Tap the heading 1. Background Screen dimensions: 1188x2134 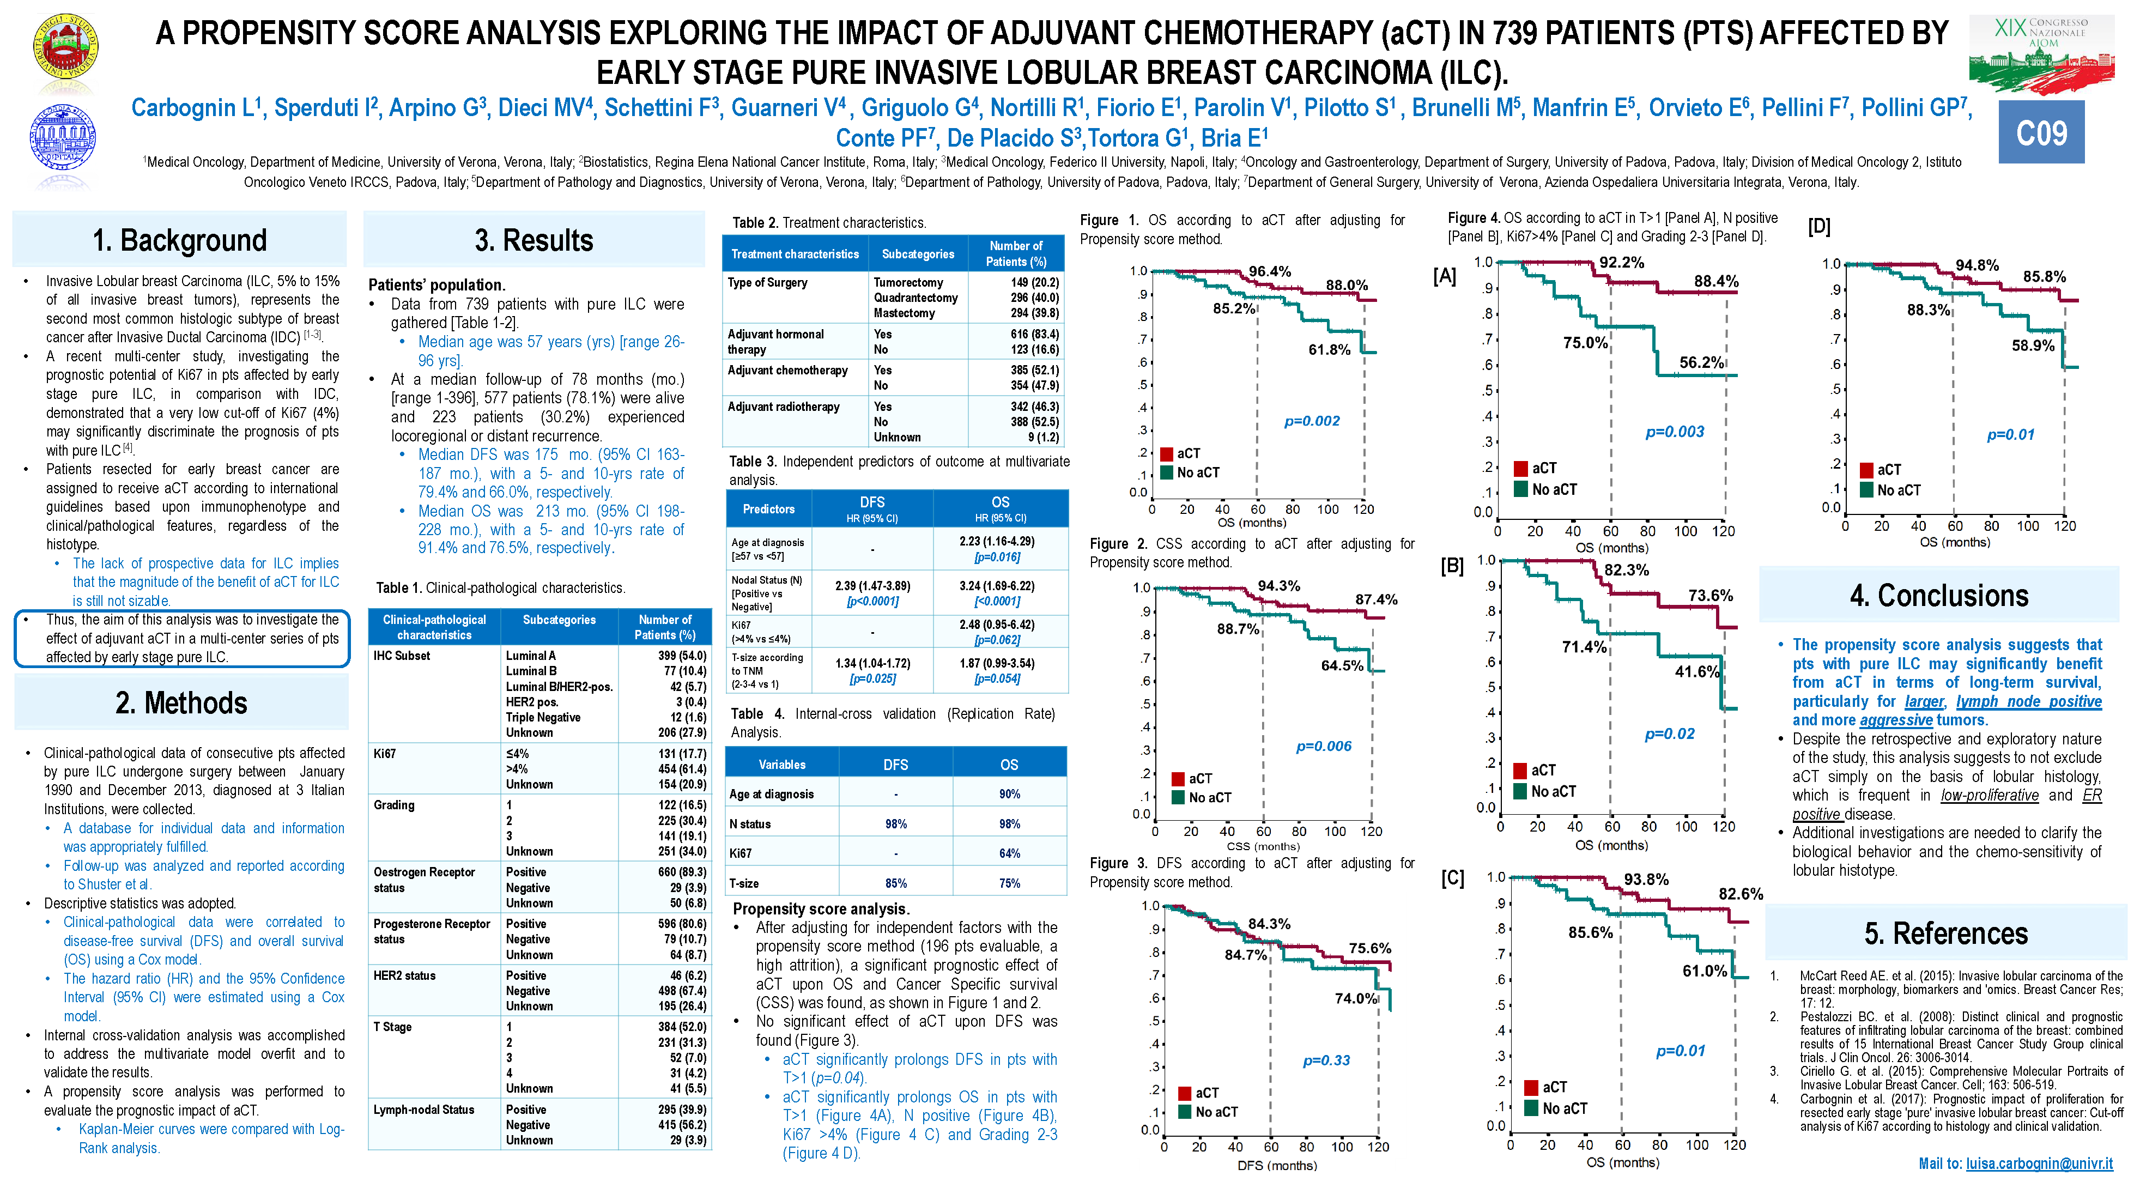(x=180, y=240)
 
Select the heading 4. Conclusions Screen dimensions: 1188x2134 (x=1938, y=596)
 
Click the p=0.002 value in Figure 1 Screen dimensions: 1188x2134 (x=1311, y=421)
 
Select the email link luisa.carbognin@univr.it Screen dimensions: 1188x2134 (x=2039, y=1163)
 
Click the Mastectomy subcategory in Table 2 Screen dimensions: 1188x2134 (x=904, y=313)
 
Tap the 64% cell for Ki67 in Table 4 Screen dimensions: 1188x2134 (x=1009, y=853)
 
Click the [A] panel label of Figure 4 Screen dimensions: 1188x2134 (x=1444, y=276)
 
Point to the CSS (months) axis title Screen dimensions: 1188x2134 (x=1263, y=846)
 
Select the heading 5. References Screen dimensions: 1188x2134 (x=1945, y=934)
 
